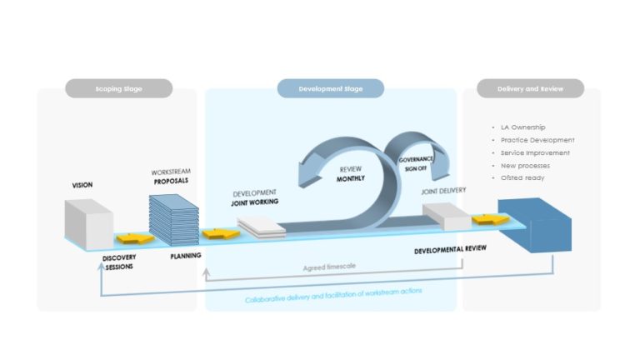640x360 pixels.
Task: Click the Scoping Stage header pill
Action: tap(118, 88)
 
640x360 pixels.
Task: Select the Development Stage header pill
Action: tap(330, 88)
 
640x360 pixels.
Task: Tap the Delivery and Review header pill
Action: tap(529, 88)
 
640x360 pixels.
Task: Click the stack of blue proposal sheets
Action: tap(172, 219)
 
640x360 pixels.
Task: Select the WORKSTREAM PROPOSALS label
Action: tap(170, 176)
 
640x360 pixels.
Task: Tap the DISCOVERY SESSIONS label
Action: tap(119, 263)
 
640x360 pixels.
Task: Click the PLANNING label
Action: tap(185, 257)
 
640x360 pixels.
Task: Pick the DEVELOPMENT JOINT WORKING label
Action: tap(255, 197)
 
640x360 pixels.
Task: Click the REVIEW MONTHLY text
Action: tap(351, 172)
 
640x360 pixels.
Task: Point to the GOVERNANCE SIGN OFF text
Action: tap(414, 162)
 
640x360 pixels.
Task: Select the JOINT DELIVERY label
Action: tap(443, 190)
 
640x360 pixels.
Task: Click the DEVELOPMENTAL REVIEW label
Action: tap(450, 250)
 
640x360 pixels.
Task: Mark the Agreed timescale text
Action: tap(329, 267)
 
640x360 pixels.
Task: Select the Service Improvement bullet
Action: tap(535, 152)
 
